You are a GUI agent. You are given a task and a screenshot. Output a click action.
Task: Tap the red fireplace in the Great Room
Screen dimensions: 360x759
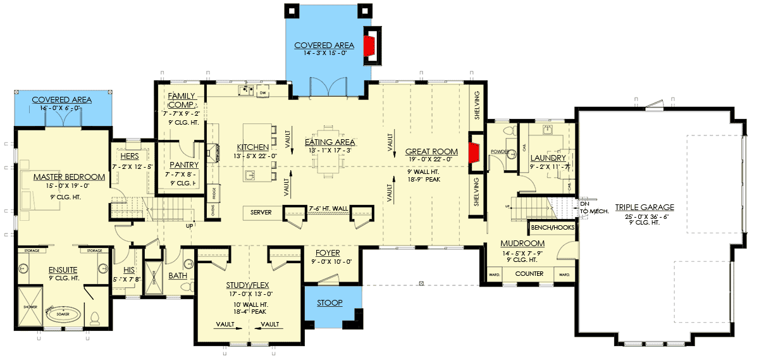pyautogui.click(x=472, y=152)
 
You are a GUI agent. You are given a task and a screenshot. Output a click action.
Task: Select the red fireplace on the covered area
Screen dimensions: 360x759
pyautogui.click(x=368, y=45)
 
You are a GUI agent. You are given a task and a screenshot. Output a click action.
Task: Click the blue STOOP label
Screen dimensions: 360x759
pyautogui.click(x=330, y=303)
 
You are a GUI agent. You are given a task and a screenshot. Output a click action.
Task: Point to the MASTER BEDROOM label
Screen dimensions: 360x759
pyautogui.click(x=69, y=177)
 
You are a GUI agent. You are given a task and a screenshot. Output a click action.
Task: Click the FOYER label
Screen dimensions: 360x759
pyautogui.click(x=327, y=251)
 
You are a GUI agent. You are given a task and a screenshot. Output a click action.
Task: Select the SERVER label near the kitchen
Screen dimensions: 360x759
pyautogui.click(x=261, y=213)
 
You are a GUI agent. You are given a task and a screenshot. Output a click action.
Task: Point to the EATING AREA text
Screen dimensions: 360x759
pyautogui.click(x=330, y=142)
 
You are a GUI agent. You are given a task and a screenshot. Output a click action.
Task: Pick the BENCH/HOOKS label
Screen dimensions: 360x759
pyautogui.click(x=552, y=226)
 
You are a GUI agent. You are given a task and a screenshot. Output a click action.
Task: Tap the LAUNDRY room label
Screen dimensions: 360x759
pyautogui.click(x=548, y=158)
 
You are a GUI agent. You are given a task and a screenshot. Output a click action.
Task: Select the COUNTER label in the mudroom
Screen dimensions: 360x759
pyautogui.click(x=529, y=274)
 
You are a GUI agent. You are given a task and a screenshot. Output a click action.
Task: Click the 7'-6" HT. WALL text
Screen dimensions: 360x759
pyautogui.click(x=328, y=208)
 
